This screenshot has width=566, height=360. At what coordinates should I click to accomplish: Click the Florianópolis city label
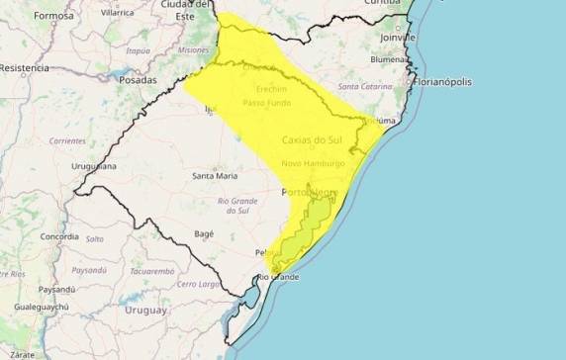448,80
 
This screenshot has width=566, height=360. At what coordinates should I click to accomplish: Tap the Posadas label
138,79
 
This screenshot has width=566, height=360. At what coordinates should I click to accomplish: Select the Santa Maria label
214,176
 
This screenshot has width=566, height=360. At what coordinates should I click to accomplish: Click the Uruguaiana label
94,167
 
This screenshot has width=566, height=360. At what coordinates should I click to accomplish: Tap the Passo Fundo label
267,103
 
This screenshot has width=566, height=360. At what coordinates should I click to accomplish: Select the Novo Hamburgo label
313,163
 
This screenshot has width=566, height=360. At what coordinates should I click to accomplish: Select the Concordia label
59,237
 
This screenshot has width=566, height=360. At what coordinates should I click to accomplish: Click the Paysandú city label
56,289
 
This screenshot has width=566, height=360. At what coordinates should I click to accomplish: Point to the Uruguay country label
145,310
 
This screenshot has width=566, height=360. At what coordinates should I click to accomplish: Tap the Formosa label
53,16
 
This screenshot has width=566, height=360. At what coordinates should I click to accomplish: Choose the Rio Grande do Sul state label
237,206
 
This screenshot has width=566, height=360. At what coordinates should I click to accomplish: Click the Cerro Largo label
199,284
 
